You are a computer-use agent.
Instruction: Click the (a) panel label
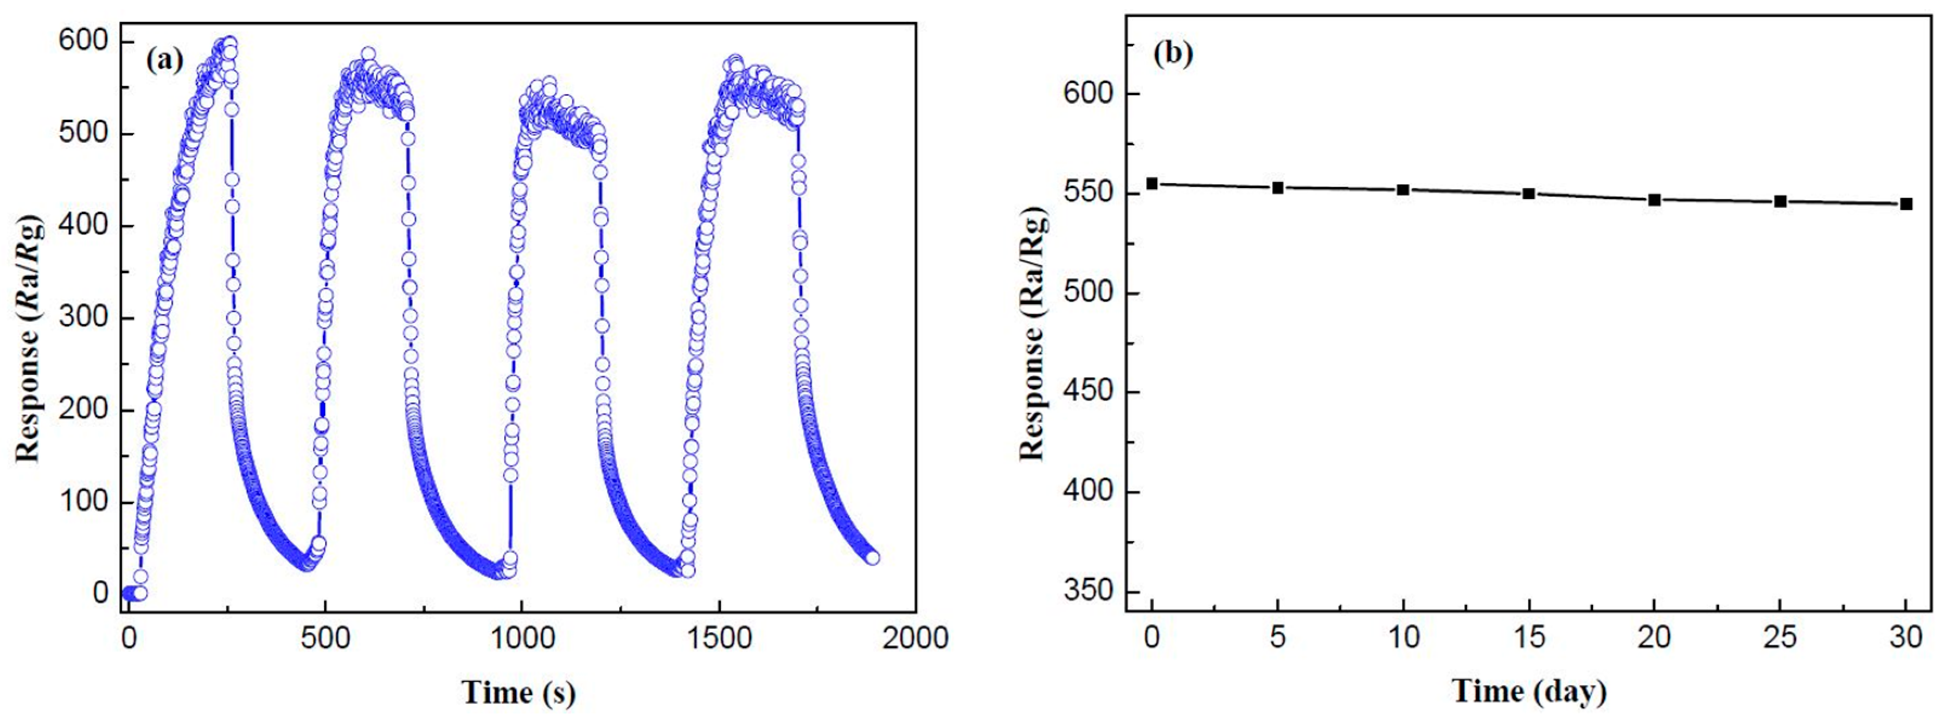click(165, 60)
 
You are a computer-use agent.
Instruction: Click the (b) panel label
click(1173, 54)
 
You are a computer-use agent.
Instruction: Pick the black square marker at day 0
click(1152, 183)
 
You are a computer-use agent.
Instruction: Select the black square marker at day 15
click(1528, 194)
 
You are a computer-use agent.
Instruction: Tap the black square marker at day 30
click(1906, 204)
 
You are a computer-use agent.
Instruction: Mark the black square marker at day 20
click(1654, 200)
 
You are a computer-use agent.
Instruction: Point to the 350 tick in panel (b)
click(1089, 591)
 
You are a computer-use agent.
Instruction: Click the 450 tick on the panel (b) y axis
click(1089, 392)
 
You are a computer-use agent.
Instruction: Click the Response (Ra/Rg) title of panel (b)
click(1033, 332)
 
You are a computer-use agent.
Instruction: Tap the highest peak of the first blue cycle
click(229, 43)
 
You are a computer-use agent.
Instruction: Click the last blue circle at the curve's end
click(873, 558)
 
